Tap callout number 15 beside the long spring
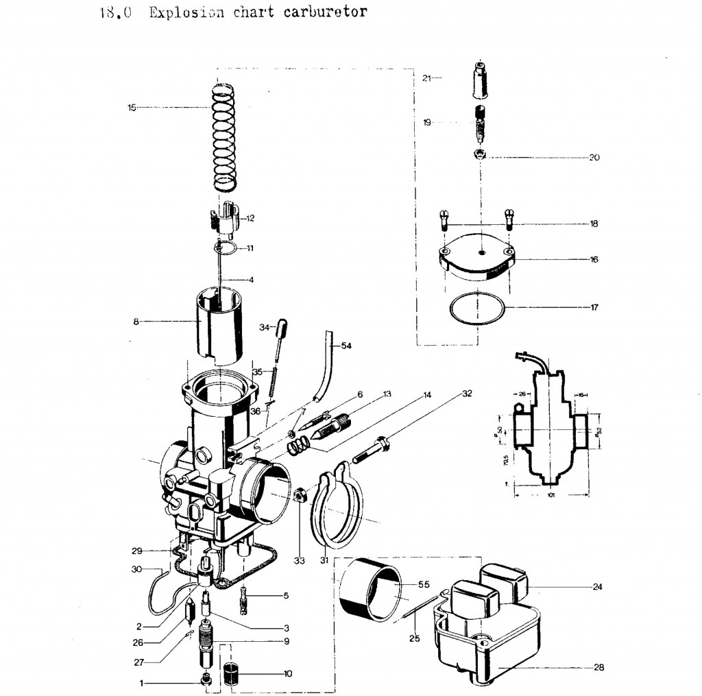132,107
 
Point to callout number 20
594,157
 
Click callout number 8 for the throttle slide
136,320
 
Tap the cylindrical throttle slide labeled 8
219,322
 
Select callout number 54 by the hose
346,346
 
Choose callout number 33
299,561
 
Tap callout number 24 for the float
597,587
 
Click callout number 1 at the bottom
142,683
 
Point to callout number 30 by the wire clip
135,569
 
